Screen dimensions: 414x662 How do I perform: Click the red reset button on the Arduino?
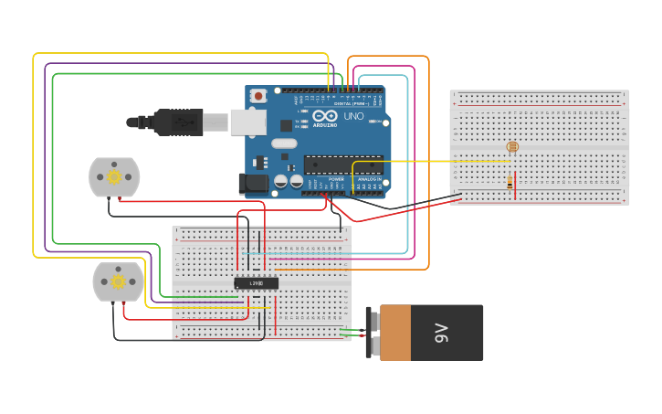point(258,95)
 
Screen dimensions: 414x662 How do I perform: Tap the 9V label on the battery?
point(442,333)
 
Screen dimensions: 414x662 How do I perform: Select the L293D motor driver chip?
point(257,283)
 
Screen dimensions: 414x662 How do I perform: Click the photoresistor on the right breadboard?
point(511,146)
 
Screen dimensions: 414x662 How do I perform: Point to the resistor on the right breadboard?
point(510,182)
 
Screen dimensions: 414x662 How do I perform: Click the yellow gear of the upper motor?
point(114,176)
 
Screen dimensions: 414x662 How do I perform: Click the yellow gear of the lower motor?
point(118,281)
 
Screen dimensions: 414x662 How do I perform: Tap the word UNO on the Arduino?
point(353,116)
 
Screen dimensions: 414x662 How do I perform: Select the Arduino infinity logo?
point(325,115)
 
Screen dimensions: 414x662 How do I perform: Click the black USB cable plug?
point(178,122)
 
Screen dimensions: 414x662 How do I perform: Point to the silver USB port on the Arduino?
point(247,122)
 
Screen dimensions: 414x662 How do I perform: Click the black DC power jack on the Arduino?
point(253,183)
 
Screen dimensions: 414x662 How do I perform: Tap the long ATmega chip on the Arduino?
point(342,165)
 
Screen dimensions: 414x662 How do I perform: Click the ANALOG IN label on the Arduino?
point(369,180)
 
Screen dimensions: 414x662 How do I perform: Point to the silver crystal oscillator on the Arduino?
point(284,143)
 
